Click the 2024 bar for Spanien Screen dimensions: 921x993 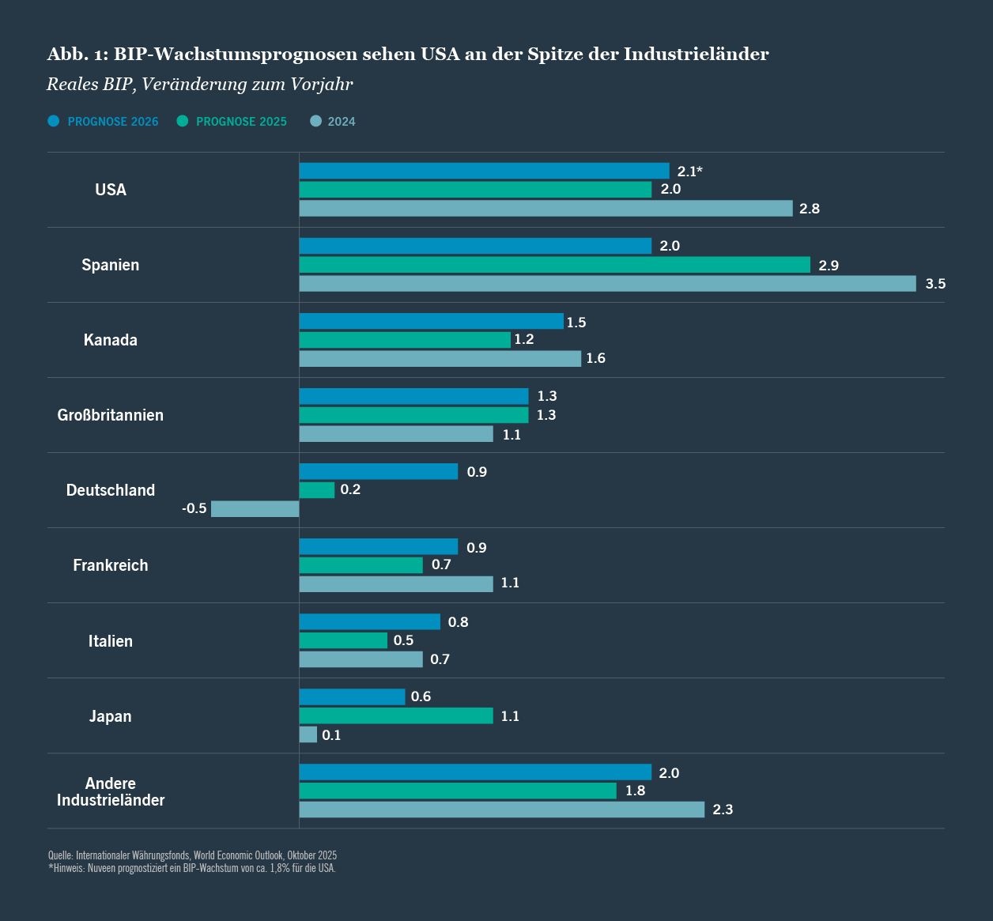pos(607,283)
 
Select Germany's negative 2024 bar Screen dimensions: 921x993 pos(255,508)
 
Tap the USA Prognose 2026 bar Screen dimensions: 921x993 pos(484,171)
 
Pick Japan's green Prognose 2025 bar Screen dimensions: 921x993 pos(395,715)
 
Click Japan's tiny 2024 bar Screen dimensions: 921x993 pos(308,734)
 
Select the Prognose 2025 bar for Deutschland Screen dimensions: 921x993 pos(316,490)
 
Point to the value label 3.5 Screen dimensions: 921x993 pos(935,284)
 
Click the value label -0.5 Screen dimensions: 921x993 pos(194,508)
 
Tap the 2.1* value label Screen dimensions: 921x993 pos(689,172)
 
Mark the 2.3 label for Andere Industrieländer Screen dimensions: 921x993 pos(723,810)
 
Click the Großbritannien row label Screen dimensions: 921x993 pos(111,415)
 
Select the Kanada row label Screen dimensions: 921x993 pos(111,340)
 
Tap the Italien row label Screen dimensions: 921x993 pos(111,641)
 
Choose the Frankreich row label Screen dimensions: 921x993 pos(111,565)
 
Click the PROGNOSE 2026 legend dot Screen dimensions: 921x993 pos(54,121)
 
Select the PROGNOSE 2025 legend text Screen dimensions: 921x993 pos(241,122)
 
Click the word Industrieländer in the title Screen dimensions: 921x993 pos(696,54)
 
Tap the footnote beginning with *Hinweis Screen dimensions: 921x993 pos(192,868)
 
